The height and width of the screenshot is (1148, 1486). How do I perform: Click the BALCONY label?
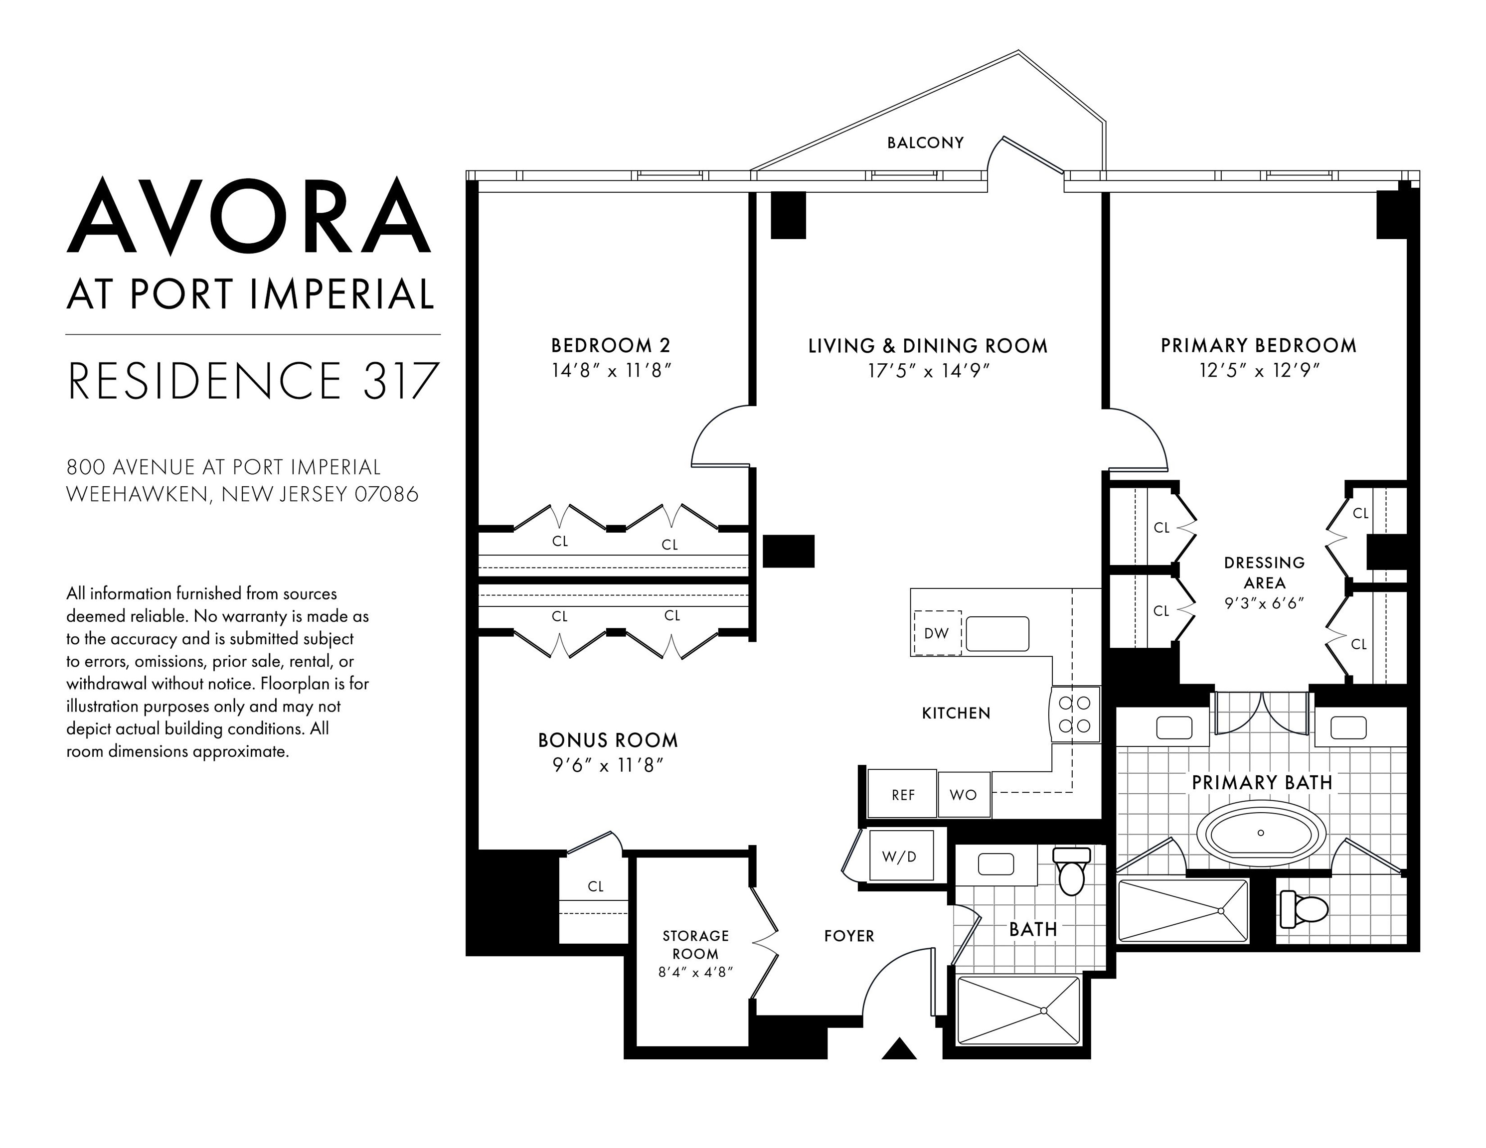click(x=925, y=143)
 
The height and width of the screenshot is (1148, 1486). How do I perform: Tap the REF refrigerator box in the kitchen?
click(x=902, y=794)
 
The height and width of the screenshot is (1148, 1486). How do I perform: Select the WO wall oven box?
click(x=963, y=794)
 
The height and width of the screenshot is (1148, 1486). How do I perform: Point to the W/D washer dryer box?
click(x=899, y=856)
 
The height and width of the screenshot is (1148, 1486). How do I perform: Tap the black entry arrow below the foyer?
click(x=899, y=1049)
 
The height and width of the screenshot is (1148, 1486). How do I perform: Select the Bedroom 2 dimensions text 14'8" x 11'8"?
click(x=611, y=371)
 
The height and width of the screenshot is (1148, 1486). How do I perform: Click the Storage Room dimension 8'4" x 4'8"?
click(x=695, y=972)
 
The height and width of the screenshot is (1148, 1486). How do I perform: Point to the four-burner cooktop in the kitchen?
click(x=1075, y=714)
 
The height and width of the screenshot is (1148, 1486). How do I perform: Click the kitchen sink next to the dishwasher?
click(x=997, y=634)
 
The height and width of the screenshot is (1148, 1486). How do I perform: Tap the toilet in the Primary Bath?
click(x=1304, y=909)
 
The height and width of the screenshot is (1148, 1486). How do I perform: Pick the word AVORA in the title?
click(x=249, y=216)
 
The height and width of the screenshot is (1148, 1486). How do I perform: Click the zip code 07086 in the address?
click(x=386, y=494)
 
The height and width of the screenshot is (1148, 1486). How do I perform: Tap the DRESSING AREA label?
click(x=1264, y=573)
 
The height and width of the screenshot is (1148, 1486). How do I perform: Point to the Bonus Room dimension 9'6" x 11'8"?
click(x=608, y=766)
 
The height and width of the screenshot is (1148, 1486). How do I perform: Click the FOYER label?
click(x=848, y=936)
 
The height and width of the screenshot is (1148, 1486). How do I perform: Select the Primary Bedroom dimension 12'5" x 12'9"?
click(x=1259, y=371)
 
